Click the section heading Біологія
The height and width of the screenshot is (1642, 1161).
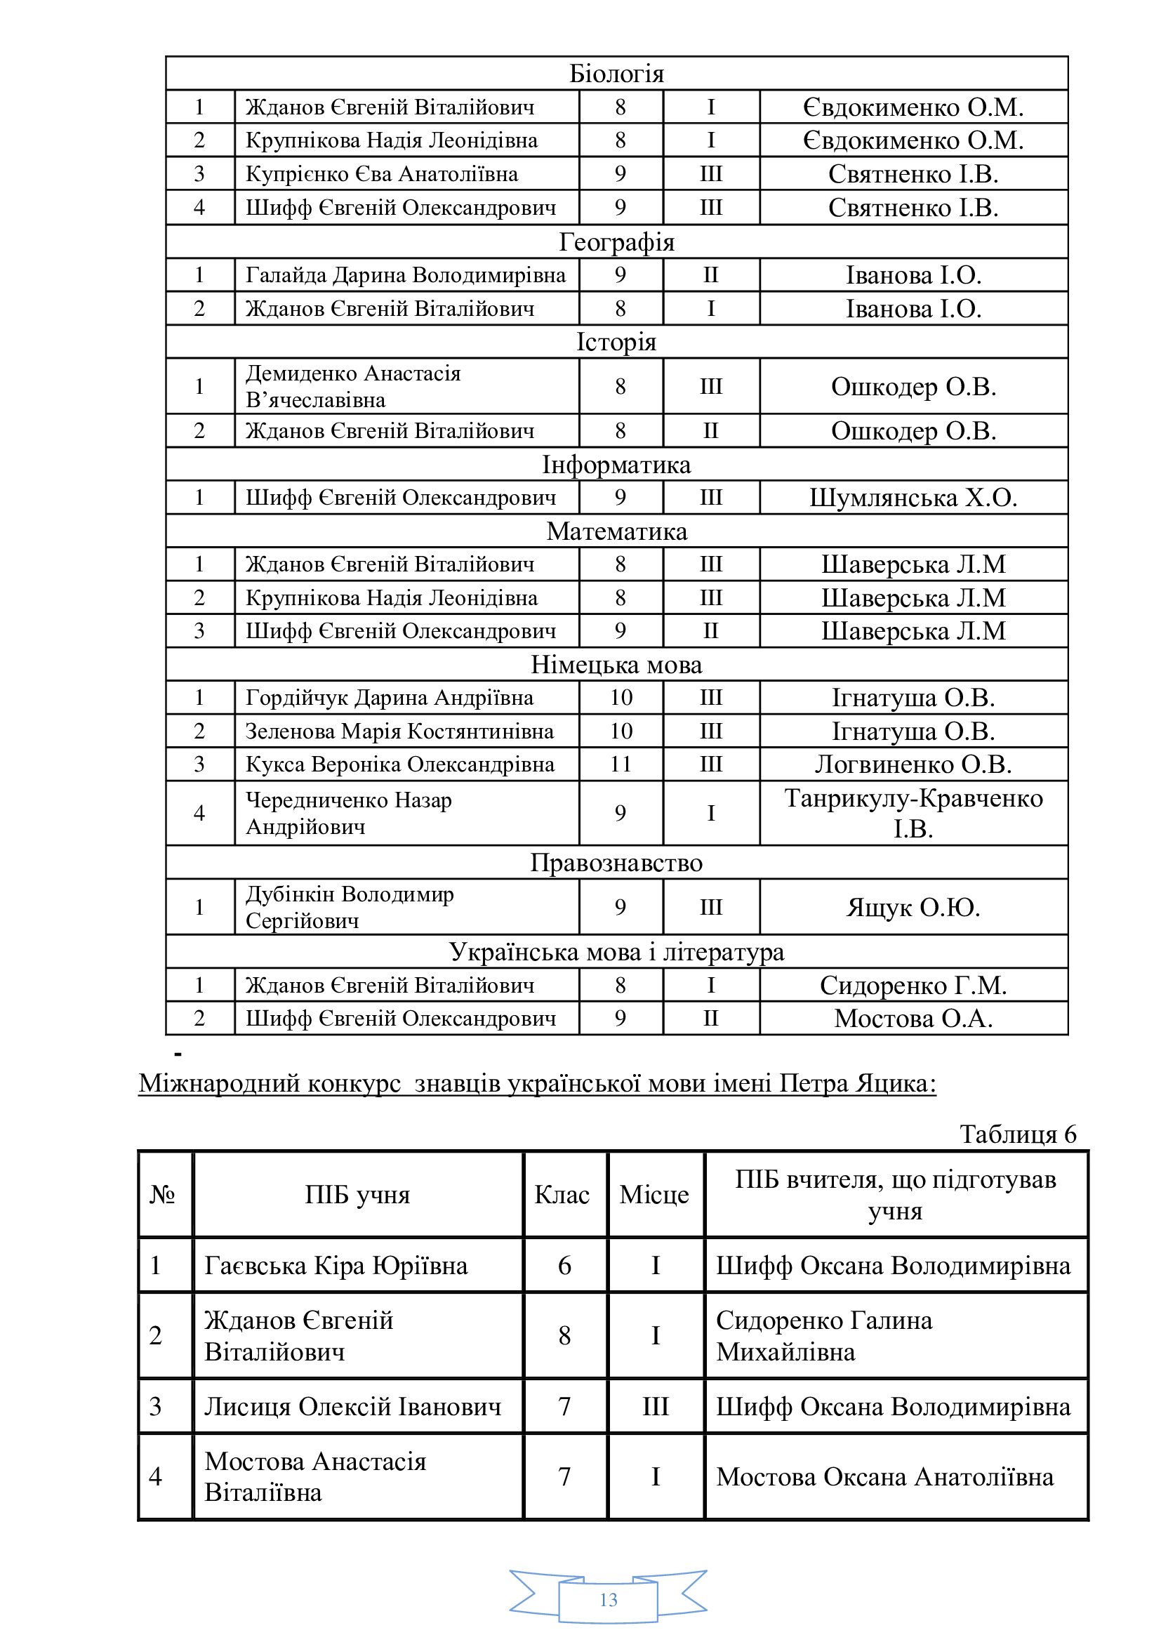[616, 74]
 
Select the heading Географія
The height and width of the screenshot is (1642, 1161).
[616, 241]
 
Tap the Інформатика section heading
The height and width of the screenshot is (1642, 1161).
[616, 465]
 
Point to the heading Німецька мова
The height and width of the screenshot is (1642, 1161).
[616, 664]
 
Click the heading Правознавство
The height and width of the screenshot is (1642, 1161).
[616, 863]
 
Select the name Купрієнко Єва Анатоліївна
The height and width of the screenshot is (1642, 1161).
[382, 174]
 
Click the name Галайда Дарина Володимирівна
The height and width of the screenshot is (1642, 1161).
[405, 274]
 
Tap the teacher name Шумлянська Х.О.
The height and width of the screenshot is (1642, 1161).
[913, 497]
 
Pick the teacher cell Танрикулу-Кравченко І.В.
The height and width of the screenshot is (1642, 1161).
[913, 813]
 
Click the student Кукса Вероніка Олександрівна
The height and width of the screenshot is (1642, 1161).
[399, 764]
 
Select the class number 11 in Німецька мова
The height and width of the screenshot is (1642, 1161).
[621, 764]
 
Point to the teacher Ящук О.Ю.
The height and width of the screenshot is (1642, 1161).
[913, 907]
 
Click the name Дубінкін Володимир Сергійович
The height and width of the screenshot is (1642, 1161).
[350, 907]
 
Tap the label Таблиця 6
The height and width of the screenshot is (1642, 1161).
[1017, 1134]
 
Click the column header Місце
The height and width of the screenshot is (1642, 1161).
[654, 1195]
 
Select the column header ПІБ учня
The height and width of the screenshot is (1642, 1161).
[357, 1195]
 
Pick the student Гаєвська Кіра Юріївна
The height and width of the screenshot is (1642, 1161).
[336, 1265]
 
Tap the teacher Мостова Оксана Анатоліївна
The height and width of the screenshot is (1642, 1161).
[885, 1477]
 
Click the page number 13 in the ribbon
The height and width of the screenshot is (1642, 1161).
[609, 1600]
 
